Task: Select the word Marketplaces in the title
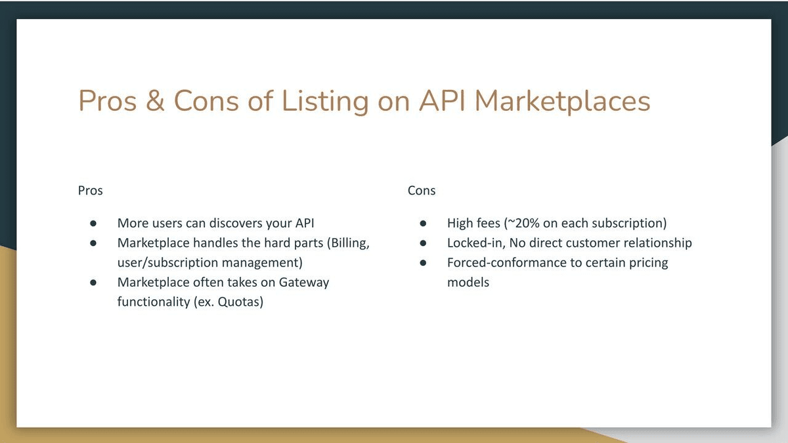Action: (x=562, y=101)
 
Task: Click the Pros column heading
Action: (x=91, y=191)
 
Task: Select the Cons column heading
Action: (x=422, y=191)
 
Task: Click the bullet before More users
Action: (x=94, y=224)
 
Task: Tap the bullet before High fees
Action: (x=424, y=224)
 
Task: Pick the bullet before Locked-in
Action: (x=424, y=243)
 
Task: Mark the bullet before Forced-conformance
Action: (x=424, y=263)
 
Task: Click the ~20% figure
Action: (x=523, y=223)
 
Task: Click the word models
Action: (x=468, y=283)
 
